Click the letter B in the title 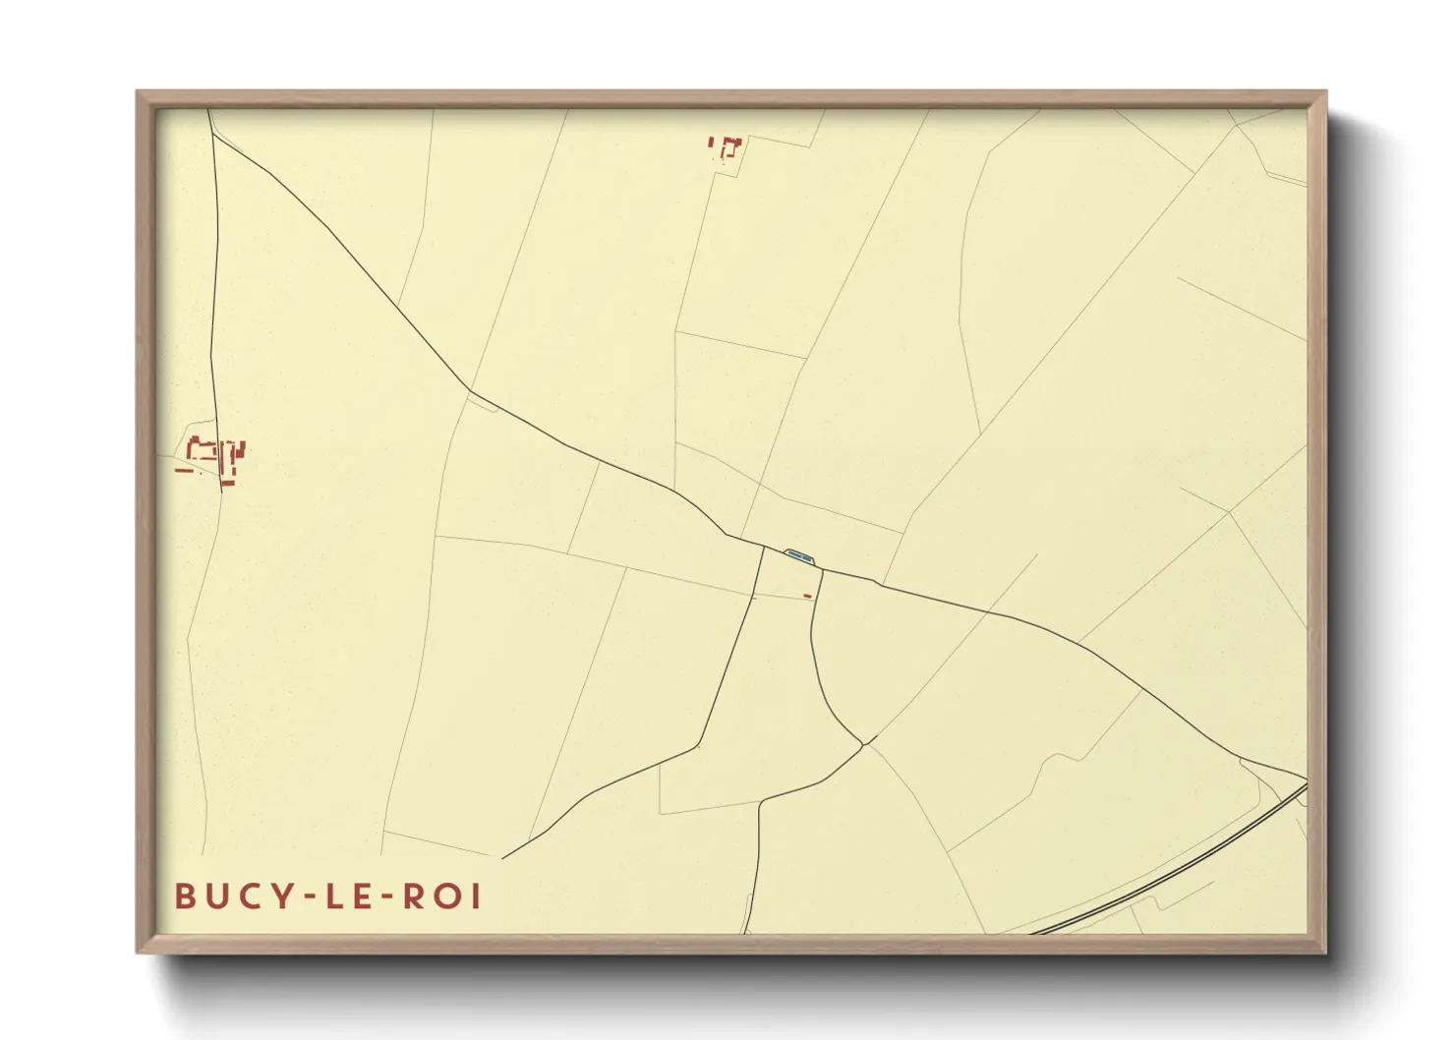[x=184, y=896]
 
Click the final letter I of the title [x=476, y=896]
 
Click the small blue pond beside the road [x=798, y=556]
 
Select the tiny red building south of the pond [x=808, y=596]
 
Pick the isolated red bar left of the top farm [x=711, y=144]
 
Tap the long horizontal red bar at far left [x=184, y=471]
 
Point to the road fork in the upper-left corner [x=212, y=135]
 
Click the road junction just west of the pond [x=764, y=547]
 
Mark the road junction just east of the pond [x=822, y=569]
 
